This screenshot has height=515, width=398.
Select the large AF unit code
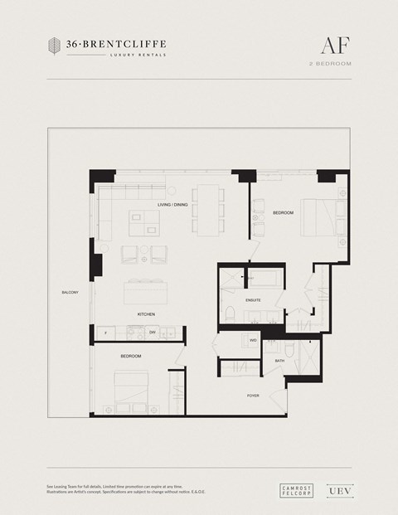[334, 45]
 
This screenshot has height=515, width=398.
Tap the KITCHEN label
[147, 315]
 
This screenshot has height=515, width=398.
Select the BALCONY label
[70, 293]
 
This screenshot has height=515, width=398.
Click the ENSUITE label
[253, 299]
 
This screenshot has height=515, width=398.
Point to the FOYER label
[253, 396]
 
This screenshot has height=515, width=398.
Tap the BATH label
[279, 361]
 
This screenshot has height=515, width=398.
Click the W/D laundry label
[253, 340]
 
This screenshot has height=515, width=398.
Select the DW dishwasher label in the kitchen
[153, 333]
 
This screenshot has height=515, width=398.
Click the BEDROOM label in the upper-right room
[283, 213]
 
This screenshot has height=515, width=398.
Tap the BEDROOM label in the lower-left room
[130, 356]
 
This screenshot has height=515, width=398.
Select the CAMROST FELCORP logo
[296, 490]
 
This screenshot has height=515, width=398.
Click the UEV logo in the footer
[334, 490]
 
